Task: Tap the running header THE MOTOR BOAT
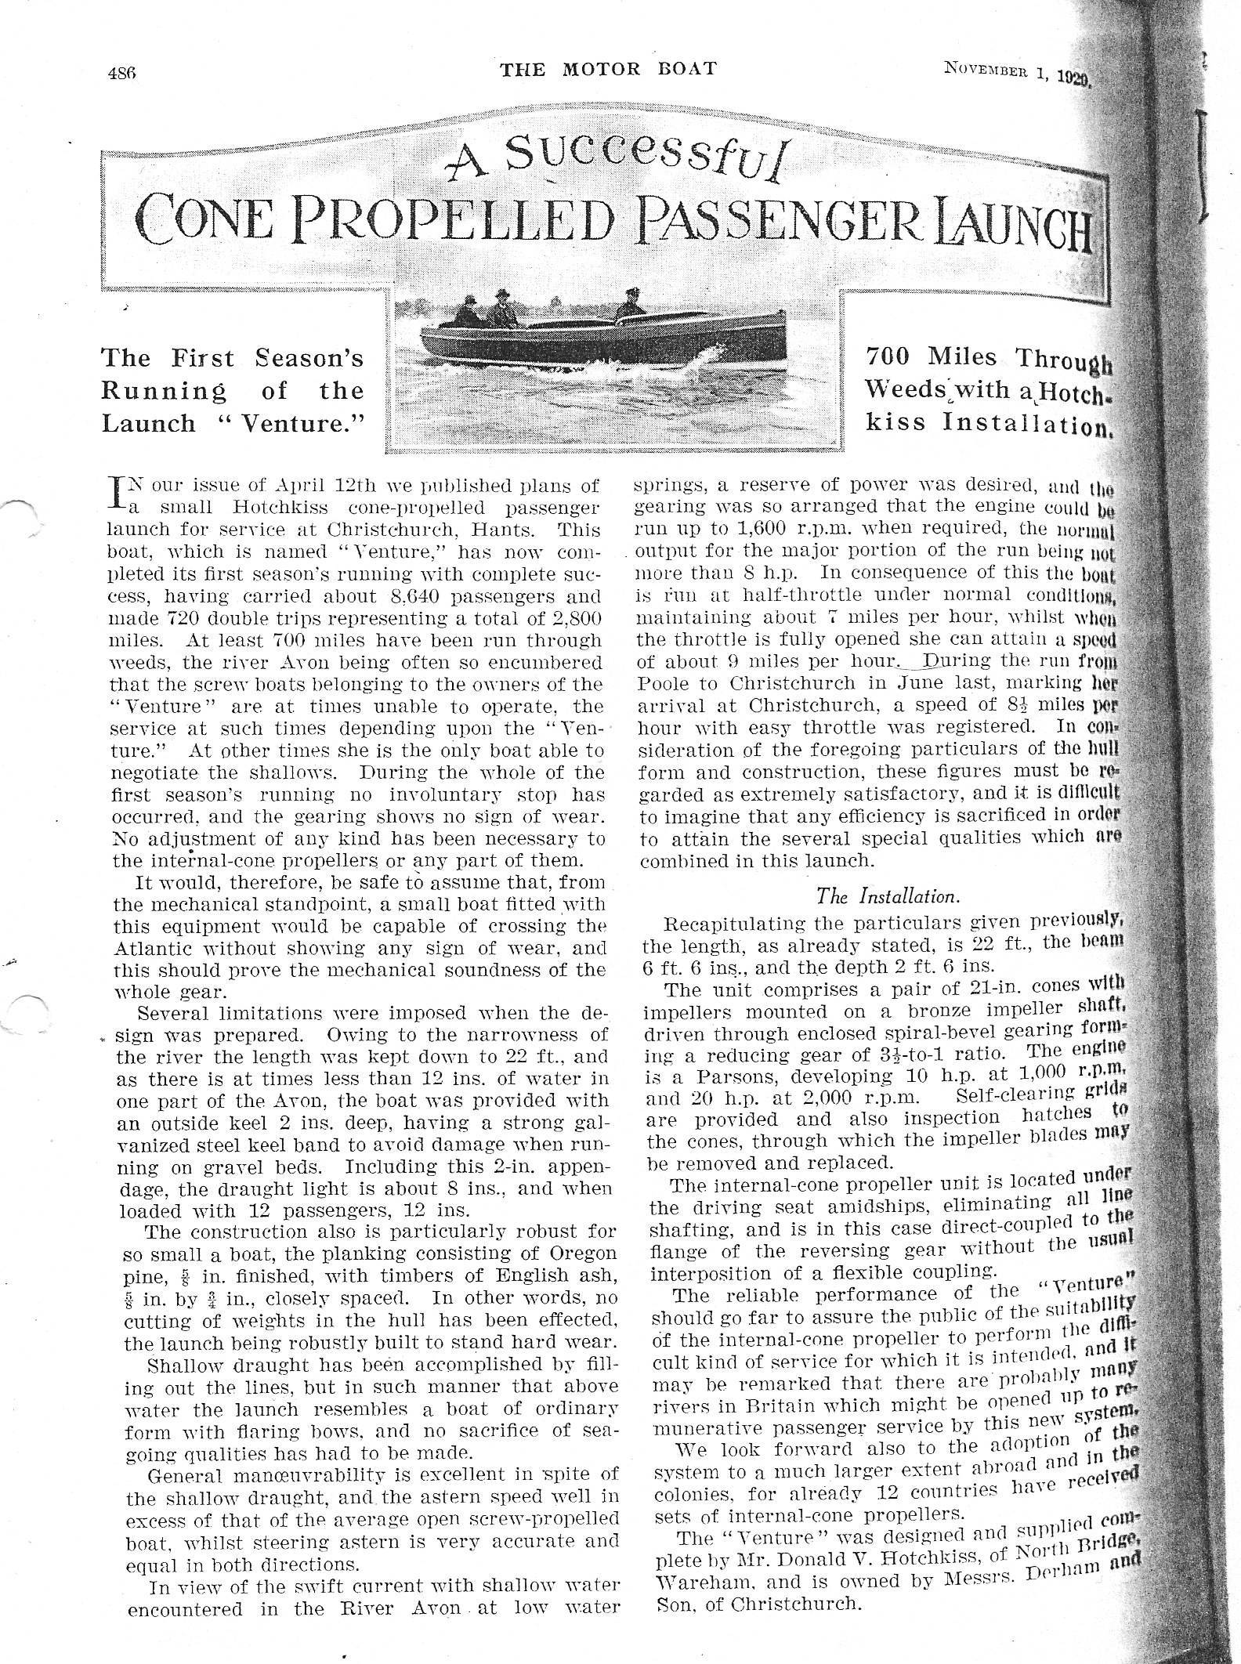609,68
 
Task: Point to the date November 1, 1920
1016,73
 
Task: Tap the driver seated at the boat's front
629,306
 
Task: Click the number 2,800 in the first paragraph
573,619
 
